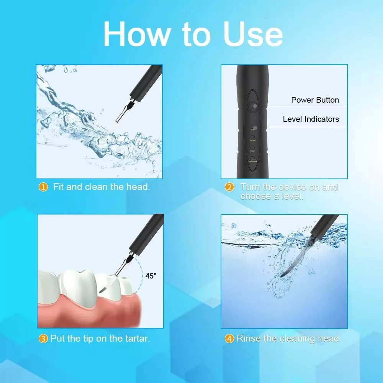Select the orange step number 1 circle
pyautogui.click(x=44, y=187)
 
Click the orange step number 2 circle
pyautogui.click(x=229, y=187)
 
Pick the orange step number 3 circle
pyautogui.click(x=44, y=339)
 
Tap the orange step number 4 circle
pyautogui.click(x=229, y=339)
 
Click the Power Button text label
pyautogui.click(x=315, y=100)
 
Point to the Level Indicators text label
pyautogui.click(x=311, y=119)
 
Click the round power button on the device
pyautogui.click(x=253, y=106)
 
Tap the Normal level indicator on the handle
pyautogui.click(x=253, y=137)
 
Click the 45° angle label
pyautogui.click(x=151, y=276)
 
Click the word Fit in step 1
pyautogui.click(x=58, y=187)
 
